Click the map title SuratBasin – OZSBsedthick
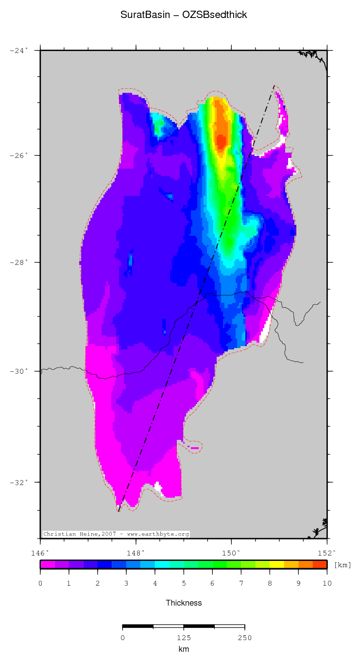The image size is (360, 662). pos(184,15)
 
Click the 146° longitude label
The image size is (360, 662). pos(40,553)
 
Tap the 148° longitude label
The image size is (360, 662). pos(136,553)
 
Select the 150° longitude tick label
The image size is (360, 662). pos(231,553)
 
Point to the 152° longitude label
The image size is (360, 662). pos(327,553)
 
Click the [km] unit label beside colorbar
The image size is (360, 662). pos(343,565)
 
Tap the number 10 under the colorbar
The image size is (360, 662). pos(326,583)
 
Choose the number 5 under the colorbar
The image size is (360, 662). pos(184,583)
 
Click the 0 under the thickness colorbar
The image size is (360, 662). pos(40,583)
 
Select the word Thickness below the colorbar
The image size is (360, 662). pos(184,603)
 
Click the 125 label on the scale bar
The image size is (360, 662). pos(184,638)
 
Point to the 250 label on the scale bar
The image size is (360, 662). pos(245,638)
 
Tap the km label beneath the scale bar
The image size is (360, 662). pos(184,649)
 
